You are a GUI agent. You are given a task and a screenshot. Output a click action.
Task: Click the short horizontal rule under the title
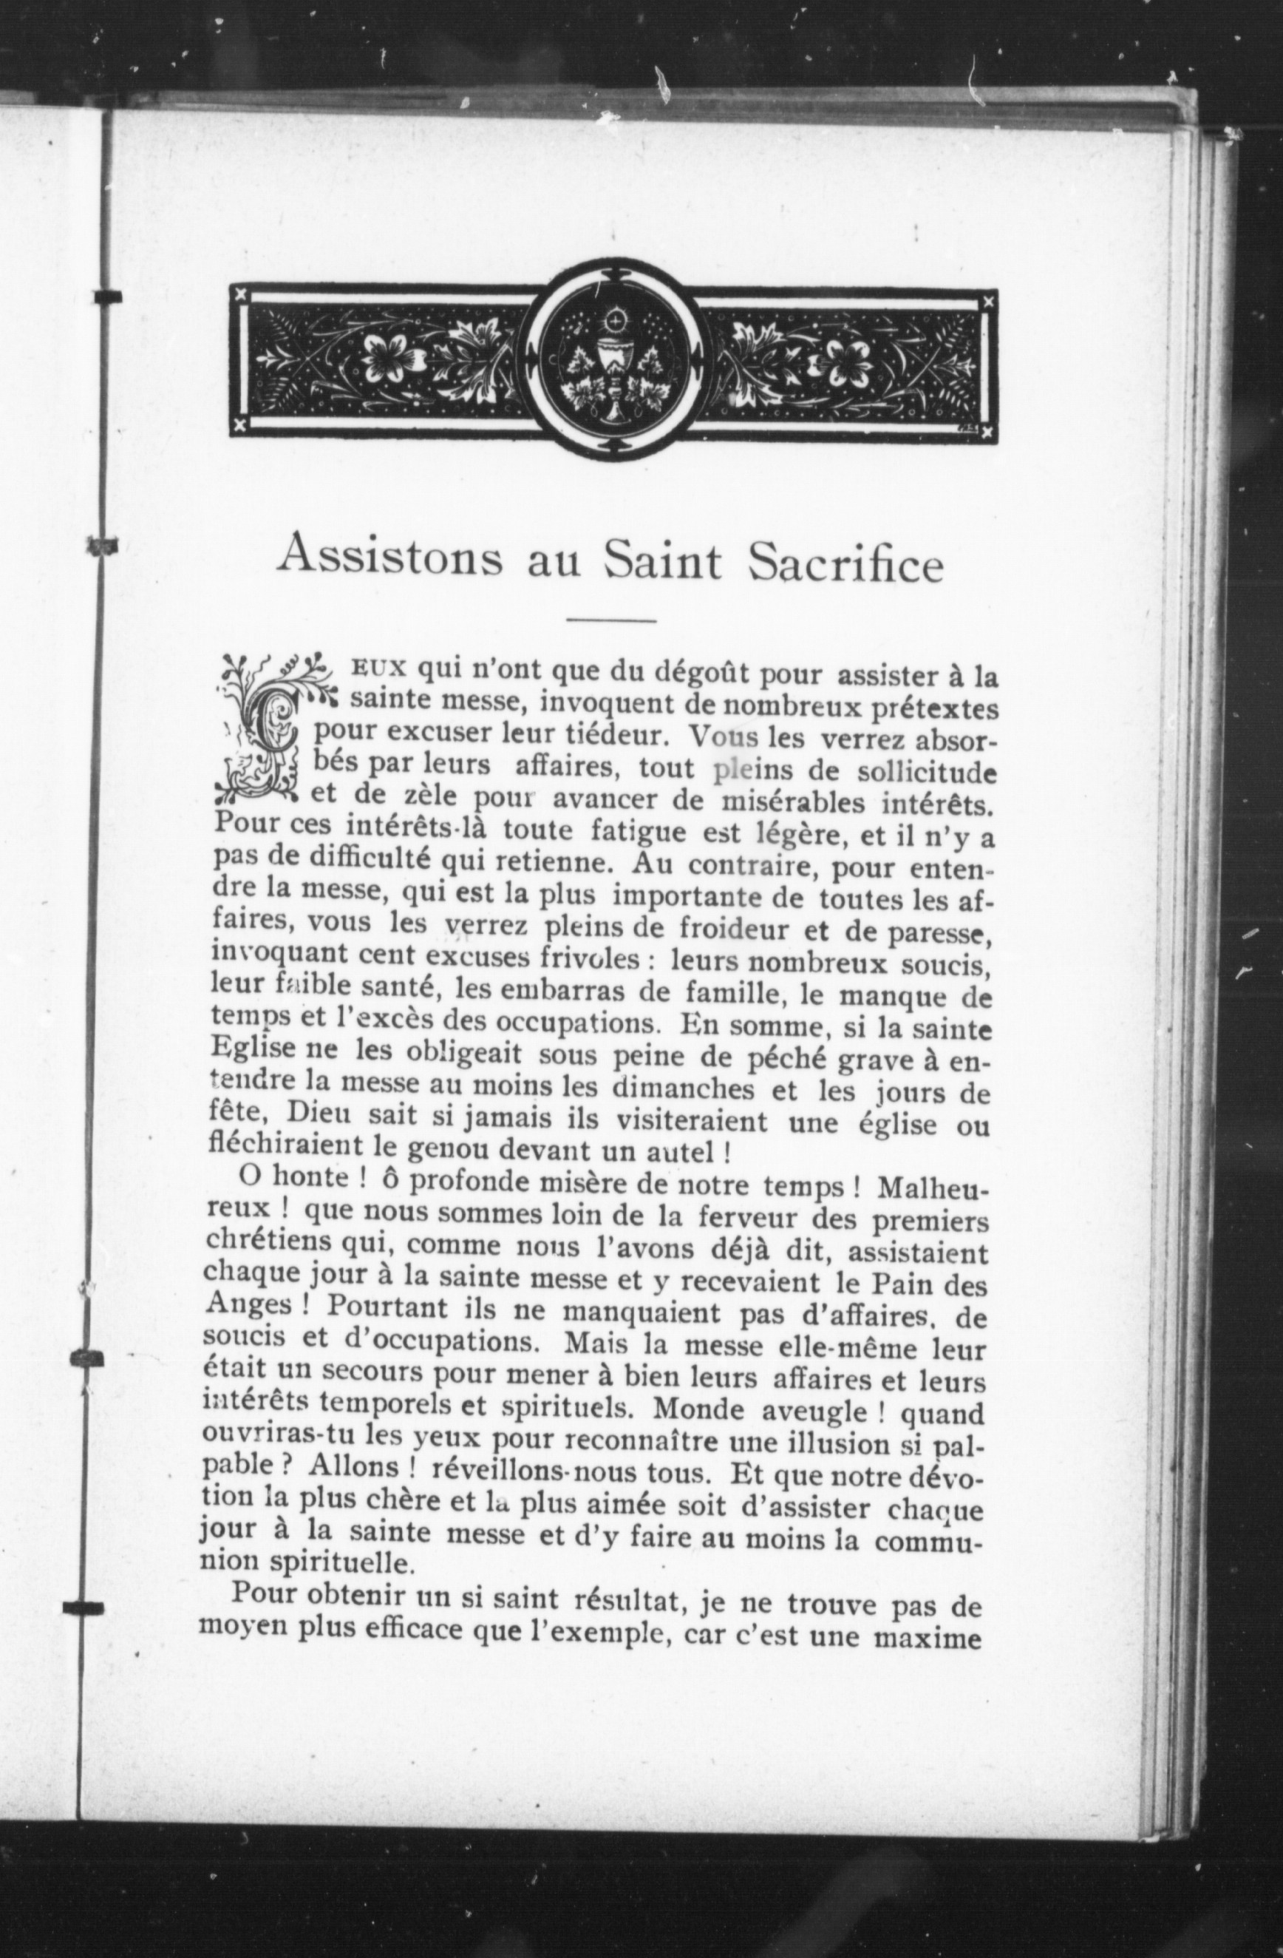click(x=611, y=620)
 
